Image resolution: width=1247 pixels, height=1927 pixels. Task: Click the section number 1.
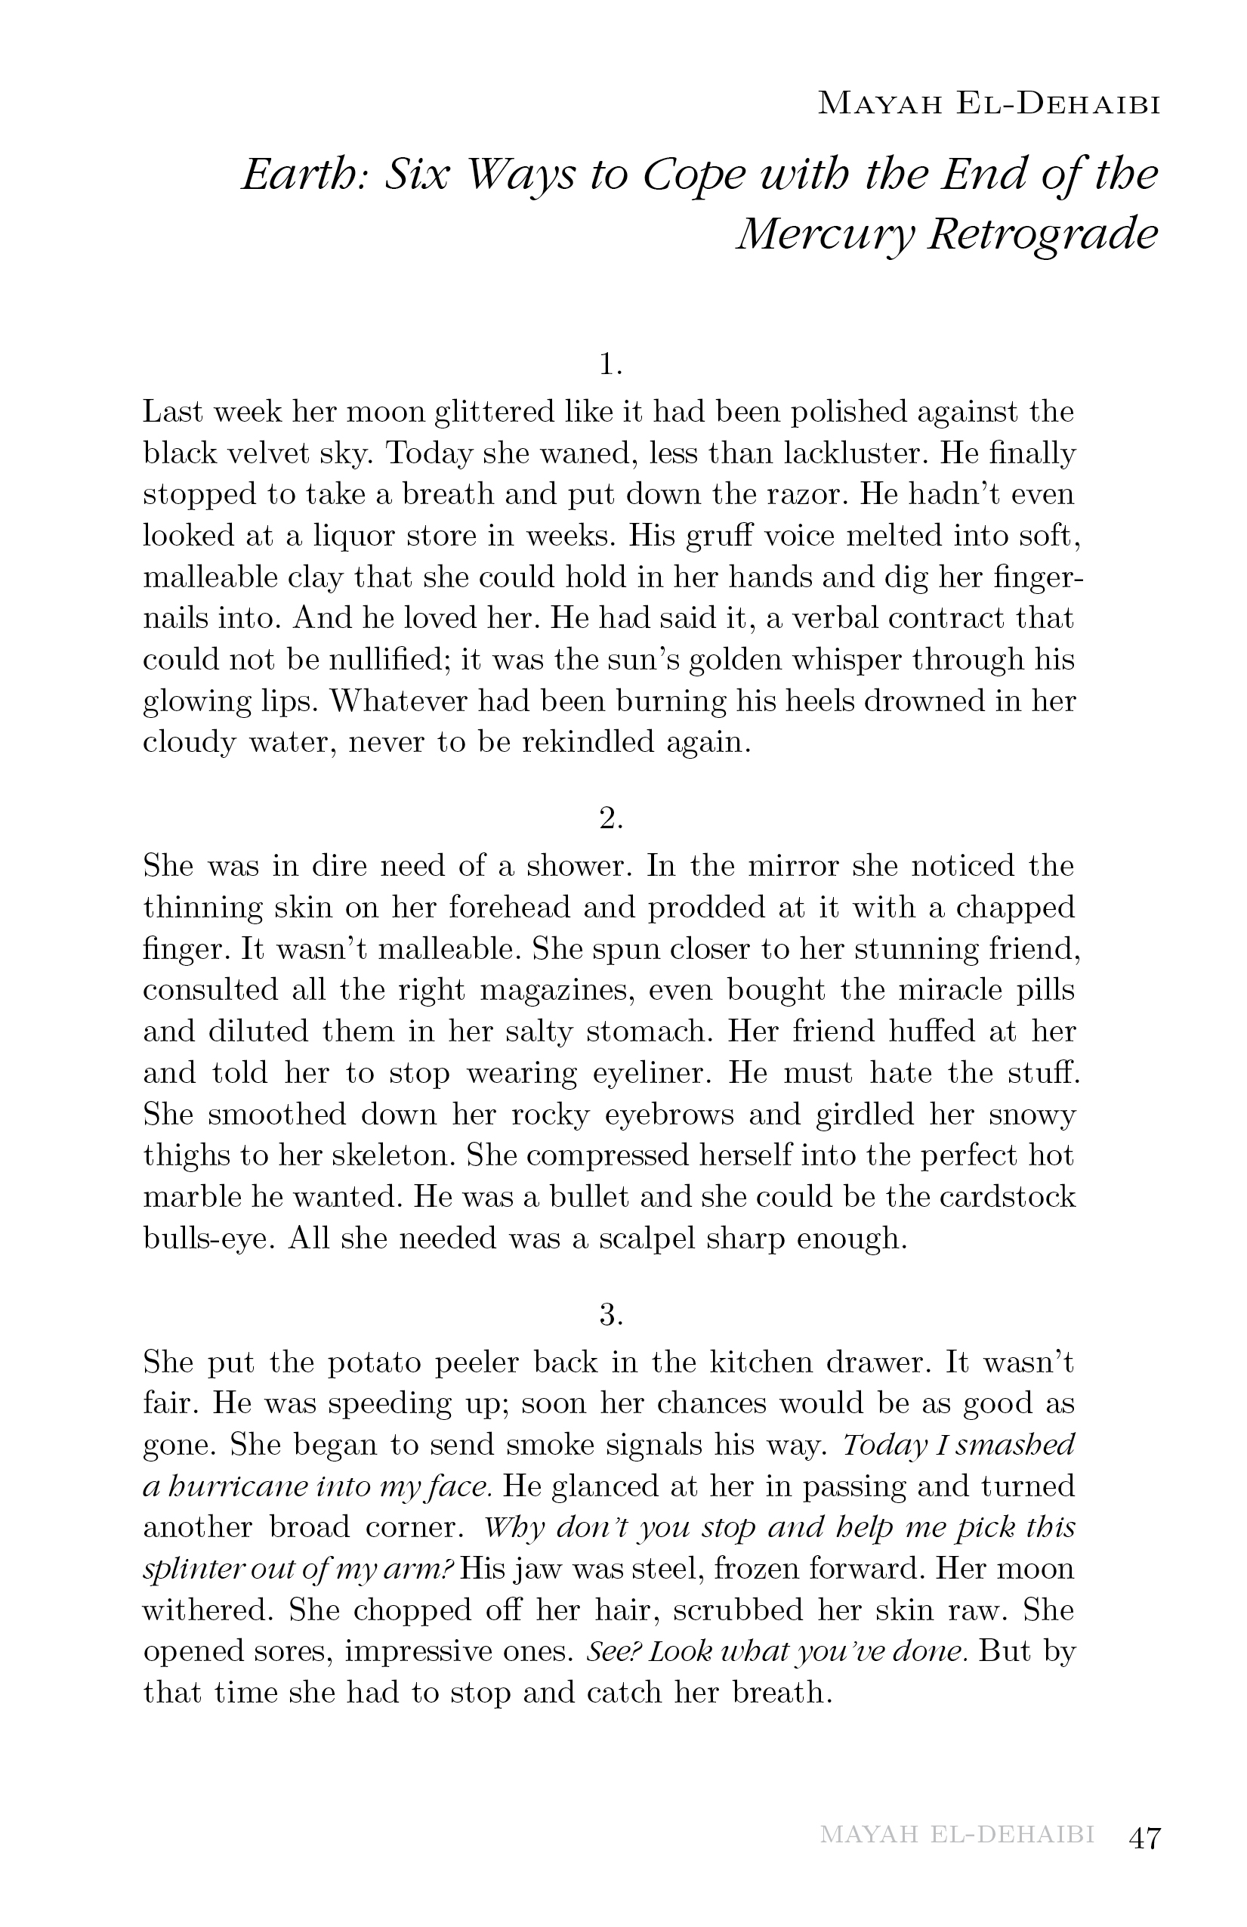[x=611, y=365]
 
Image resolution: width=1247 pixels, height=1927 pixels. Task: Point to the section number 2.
[x=611, y=819]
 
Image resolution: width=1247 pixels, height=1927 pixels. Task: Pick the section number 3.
[x=611, y=1315]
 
